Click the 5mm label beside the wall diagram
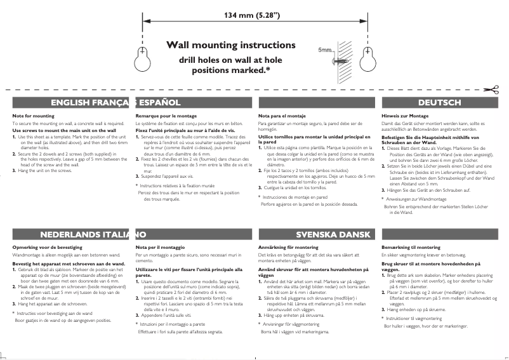coord(325,50)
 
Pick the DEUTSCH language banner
coord(440,102)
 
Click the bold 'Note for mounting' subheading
coord(34,116)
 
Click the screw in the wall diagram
coord(338,61)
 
